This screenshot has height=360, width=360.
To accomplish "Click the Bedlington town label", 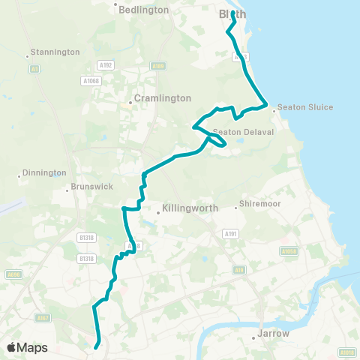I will coord(142,9).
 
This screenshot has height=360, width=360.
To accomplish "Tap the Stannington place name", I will coord(54,52).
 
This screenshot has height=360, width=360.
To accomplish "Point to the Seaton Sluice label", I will coord(305,107).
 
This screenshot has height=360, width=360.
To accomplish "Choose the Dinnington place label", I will coord(44,172).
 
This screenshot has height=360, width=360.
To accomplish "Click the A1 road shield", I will coord(34,68).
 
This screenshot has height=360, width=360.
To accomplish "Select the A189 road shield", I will coord(157,66).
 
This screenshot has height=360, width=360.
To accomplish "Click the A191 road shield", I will coord(229,234).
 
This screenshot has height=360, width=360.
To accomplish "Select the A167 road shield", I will coord(43,318).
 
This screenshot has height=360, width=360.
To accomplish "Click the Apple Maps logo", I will coord(27,347).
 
